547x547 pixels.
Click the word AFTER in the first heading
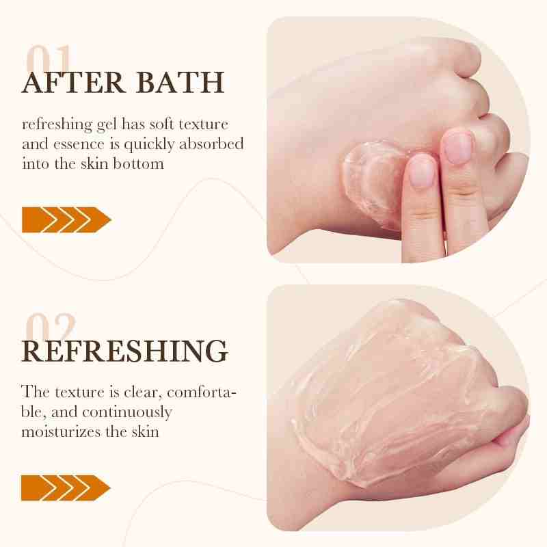click(73, 82)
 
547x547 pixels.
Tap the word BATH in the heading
click(180, 82)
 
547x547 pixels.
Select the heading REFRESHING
click(124, 351)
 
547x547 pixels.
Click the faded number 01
click(49, 57)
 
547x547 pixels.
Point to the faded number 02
click(51, 326)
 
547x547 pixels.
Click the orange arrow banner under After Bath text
click(66, 219)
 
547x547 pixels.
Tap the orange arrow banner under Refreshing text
click(66, 488)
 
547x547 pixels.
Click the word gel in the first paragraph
click(107, 125)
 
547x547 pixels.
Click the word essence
click(79, 145)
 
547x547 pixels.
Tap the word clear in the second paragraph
click(144, 392)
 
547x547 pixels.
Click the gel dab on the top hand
click(371, 181)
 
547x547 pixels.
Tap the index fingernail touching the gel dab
click(421, 170)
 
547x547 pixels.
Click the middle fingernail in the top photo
click(457, 147)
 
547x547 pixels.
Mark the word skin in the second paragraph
click(145, 431)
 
